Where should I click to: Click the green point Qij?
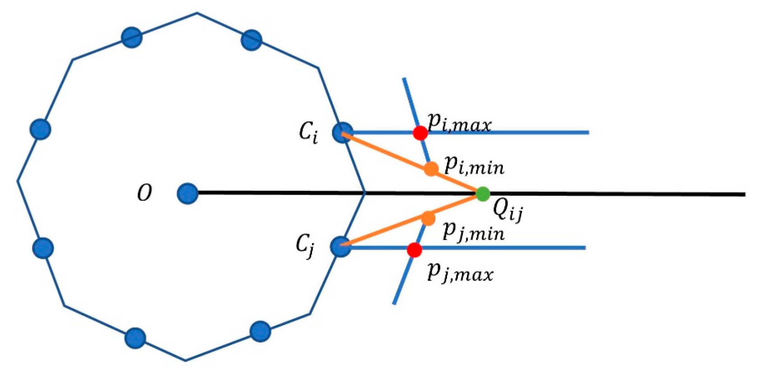(483, 194)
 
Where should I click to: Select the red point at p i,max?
(420, 133)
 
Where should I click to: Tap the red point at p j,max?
(414, 250)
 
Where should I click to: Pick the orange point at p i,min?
(431, 169)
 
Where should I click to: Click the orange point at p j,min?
(428, 218)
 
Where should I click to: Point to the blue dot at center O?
(187, 193)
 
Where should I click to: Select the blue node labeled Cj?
(340, 247)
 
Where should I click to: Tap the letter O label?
(144, 193)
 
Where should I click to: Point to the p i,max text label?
(459, 123)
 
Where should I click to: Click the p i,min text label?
(474, 166)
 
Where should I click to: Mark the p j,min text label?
(473, 232)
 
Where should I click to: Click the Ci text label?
(309, 132)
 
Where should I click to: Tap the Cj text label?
(306, 246)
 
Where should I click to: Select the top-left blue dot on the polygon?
(132, 37)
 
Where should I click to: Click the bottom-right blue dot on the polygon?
(260, 331)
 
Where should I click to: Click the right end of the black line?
(743, 194)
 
